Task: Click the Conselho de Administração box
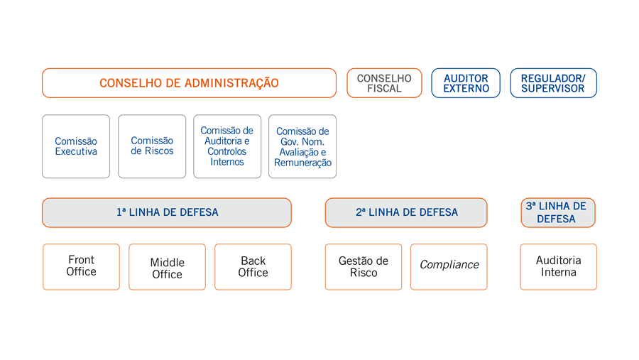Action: [x=189, y=83]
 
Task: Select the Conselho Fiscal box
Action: [x=384, y=83]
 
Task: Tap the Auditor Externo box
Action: [x=466, y=83]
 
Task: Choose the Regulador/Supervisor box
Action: [x=553, y=83]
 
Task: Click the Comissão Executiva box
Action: [x=76, y=146]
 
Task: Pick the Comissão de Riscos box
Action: [x=152, y=146]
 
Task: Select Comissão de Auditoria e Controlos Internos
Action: [x=227, y=146]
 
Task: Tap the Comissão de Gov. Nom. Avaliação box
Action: [x=302, y=146]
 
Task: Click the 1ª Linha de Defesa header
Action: [x=167, y=213]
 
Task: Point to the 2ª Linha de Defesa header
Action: [x=406, y=213]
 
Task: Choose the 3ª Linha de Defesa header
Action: [x=558, y=213]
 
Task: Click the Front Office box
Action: [x=81, y=267]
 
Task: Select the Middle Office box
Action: [x=167, y=267]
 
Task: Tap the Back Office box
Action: [x=253, y=267]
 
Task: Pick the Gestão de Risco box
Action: [x=364, y=267]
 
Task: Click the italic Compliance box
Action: [x=449, y=267]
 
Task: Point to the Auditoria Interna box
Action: [x=558, y=267]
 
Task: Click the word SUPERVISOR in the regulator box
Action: [x=552, y=89]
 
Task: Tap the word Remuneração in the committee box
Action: [x=302, y=163]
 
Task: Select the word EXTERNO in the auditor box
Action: [x=466, y=89]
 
